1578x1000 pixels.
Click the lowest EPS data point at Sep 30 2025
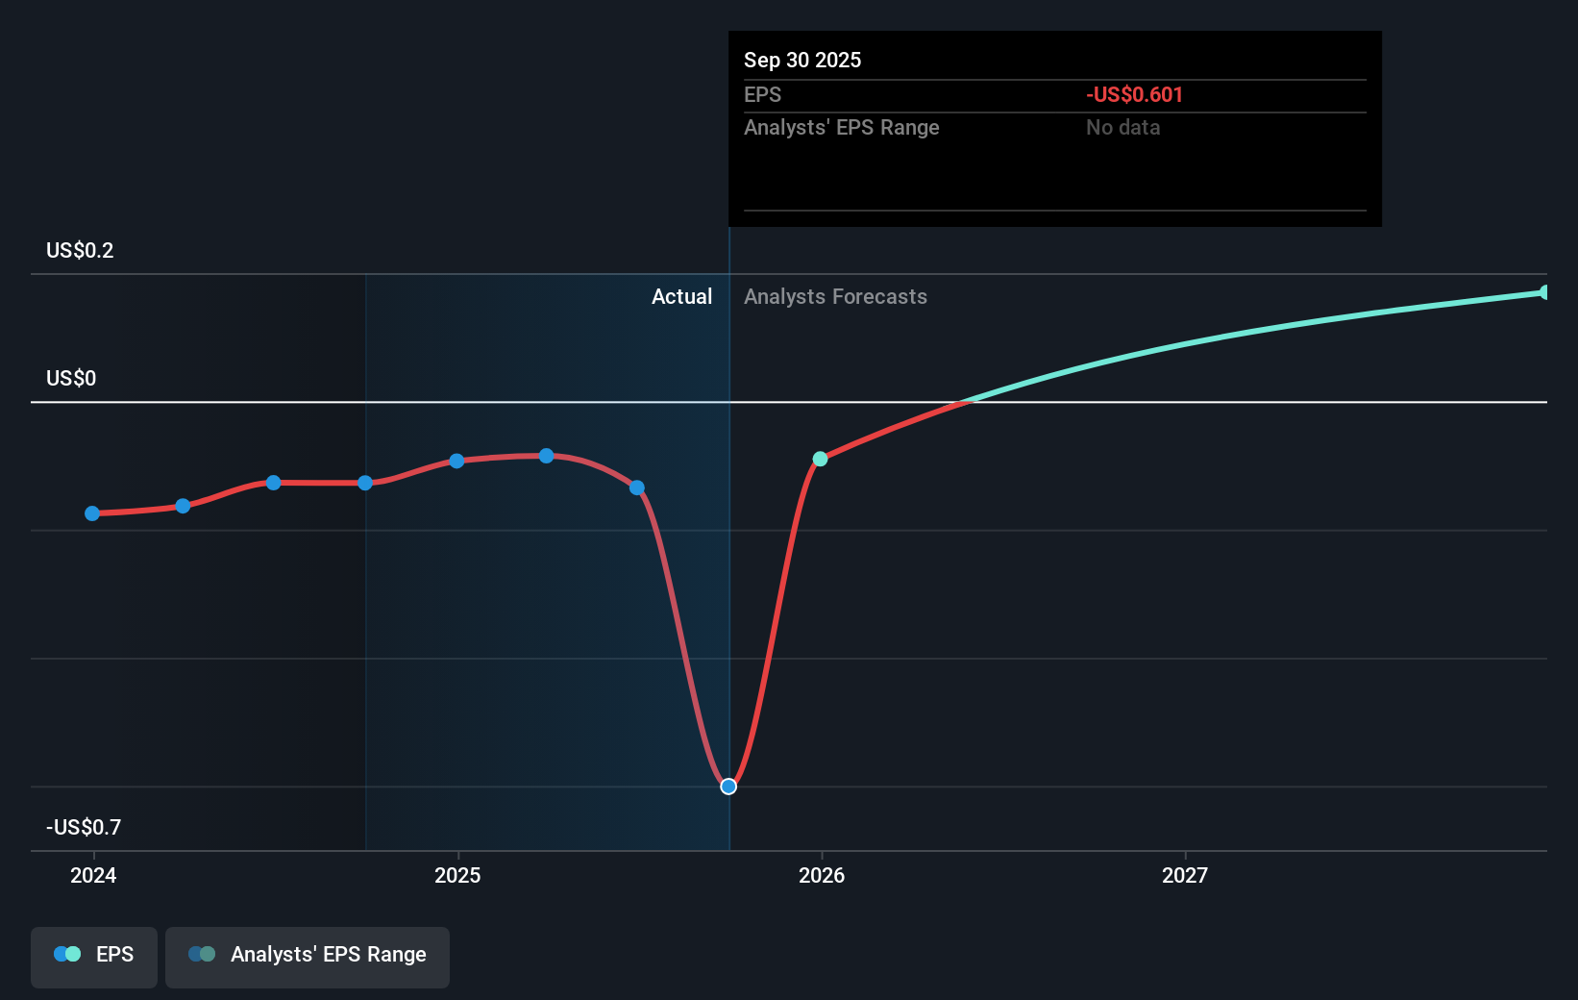click(728, 787)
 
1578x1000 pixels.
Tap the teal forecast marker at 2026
click(820, 459)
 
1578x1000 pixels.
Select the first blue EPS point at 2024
click(92, 513)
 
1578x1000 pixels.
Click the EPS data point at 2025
click(456, 461)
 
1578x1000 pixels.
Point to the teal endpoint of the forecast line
click(1544, 292)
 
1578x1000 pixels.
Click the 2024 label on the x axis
click(93, 875)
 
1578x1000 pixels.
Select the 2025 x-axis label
click(457, 875)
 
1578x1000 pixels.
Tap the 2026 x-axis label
click(822, 875)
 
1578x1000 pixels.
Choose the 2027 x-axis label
click(1185, 875)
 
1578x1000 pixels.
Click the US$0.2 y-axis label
click(80, 251)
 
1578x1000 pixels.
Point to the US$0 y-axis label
click(71, 379)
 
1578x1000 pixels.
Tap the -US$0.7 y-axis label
click(84, 828)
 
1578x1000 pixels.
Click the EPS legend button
click(94, 956)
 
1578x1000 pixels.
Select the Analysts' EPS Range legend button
click(308, 956)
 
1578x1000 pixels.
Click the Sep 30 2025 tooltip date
click(802, 61)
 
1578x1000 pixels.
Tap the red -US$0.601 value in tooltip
click(1134, 95)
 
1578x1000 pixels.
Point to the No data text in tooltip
click(1122, 128)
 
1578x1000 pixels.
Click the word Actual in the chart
click(681, 297)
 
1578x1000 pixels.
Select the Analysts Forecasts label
click(835, 297)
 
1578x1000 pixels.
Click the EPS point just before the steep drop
click(637, 487)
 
